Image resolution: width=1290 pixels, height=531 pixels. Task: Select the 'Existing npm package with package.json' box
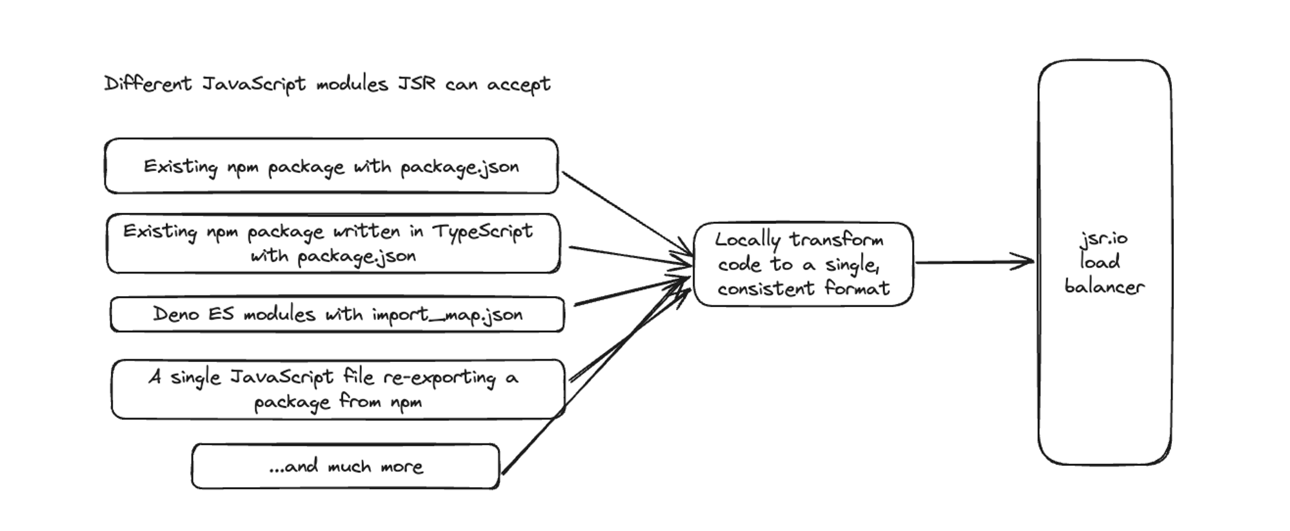point(331,166)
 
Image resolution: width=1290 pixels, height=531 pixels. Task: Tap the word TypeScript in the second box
point(482,231)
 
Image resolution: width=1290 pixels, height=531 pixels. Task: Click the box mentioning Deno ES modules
point(337,314)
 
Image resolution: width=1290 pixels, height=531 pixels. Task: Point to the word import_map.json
point(447,315)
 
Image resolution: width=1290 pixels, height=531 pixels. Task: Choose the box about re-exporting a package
point(337,389)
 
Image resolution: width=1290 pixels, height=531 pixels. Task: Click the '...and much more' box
point(345,466)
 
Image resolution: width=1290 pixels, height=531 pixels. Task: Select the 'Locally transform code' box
point(803,264)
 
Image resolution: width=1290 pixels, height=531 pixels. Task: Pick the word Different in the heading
point(148,85)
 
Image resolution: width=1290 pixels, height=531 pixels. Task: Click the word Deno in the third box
point(175,314)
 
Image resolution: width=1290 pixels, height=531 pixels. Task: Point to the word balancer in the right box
point(1104,286)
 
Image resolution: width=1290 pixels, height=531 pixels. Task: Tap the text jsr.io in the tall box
point(1104,239)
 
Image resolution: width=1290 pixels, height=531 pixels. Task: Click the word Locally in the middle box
point(748,240)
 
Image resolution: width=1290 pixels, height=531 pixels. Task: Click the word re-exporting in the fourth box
point(439,377)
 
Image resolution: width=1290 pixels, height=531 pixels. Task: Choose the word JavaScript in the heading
point(253,85)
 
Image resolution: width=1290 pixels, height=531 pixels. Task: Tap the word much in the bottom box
point(349,466)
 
